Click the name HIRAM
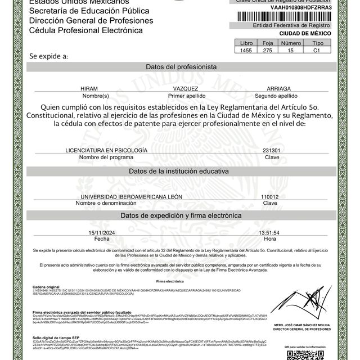pyautogui.click(x=89, y=89)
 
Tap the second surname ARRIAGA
pyautogui.click(x=280, y=89)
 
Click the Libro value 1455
pyautogui.click(x=247, y=49)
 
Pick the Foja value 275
pyautogui.click(x=268, y=49)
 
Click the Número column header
pyautogui.click(x=291, y=42)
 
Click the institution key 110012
pyautogui.click(x=270, y=197)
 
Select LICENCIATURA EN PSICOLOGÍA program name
pyautogui.click(x=106, y=151)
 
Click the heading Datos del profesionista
pyautogui.click(x=181, y=66)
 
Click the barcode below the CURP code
pyautogui.click(x=293, y=17)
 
